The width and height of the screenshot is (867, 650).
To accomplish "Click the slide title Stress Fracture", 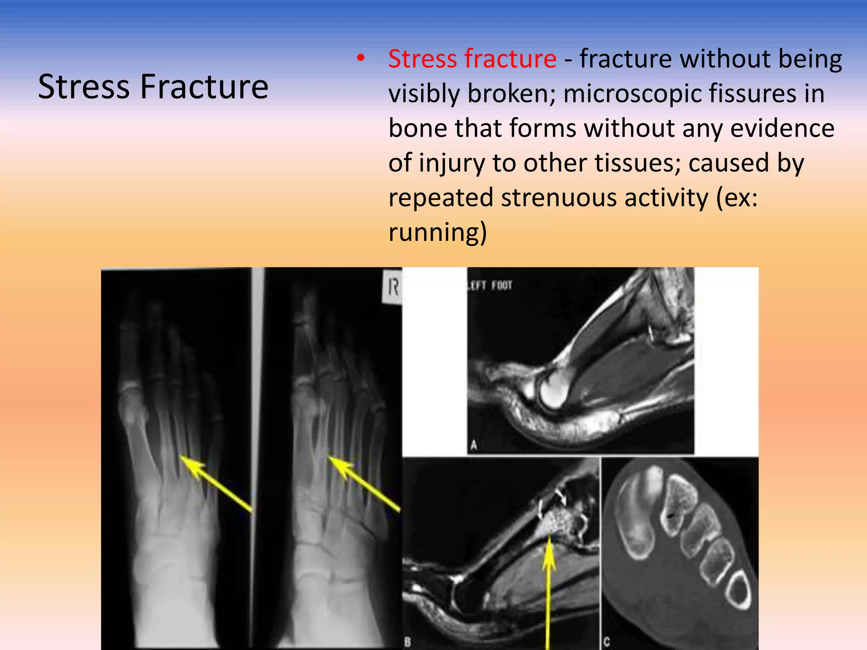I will click(153, 87).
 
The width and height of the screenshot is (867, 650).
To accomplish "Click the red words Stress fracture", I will click(472, 59).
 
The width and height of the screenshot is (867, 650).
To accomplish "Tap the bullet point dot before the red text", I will click(360, 59).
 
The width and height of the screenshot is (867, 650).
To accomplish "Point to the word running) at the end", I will click(437, 232).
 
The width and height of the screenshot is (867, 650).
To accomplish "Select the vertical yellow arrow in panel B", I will click(549, 592).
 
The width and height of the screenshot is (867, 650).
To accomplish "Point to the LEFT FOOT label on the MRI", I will click(490, 286).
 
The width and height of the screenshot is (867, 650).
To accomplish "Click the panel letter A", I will click(474, 445).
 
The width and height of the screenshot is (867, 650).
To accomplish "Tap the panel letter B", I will click(408, 642).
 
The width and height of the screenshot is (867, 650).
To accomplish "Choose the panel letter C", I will click(607, 642).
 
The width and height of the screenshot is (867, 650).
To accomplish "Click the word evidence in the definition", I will click(782, 128).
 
